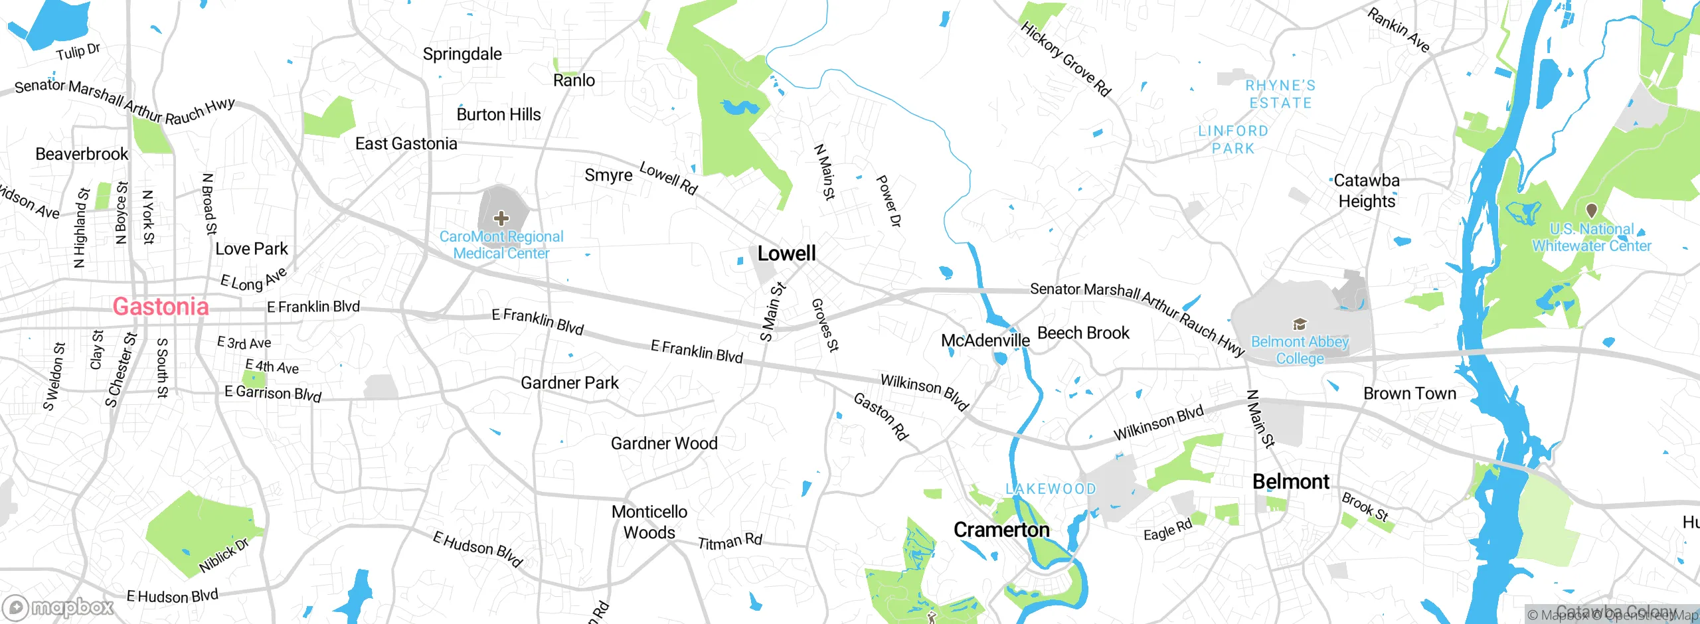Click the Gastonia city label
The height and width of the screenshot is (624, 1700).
(x=161, y=307)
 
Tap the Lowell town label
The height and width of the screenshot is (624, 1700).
(x=786, y=254)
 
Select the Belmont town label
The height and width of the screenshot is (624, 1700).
(x=1290, y=482)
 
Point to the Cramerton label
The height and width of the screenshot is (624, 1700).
(x=1001, y=530)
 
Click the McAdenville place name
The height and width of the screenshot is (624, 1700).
(x=985, y=341)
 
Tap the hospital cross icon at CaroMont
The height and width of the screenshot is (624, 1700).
(x=501, y=218)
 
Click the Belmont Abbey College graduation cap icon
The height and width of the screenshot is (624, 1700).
(x=1300, y=324)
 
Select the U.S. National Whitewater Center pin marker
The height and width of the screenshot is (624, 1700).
(x=1591, y=210)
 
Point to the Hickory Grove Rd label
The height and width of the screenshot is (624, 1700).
(x=1065, y=58)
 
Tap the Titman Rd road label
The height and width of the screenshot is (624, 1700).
(x=729, y=542)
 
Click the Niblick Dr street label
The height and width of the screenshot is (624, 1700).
(x=224, y=556)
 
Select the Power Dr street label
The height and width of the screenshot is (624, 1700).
(x=889, y=201)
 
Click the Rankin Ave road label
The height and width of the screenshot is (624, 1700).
(x=1398, y=31)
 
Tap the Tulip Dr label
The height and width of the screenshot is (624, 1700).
(x=78, y=52)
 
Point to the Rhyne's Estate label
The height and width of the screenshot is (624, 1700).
(x=1280, y=94)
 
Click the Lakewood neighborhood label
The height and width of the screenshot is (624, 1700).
(x=1051, y=489)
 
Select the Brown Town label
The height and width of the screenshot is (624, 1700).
(x=1409, y=394)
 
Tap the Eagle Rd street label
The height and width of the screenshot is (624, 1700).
(x=1167, y=530)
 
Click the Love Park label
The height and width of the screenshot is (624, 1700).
(x=252, y=249)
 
